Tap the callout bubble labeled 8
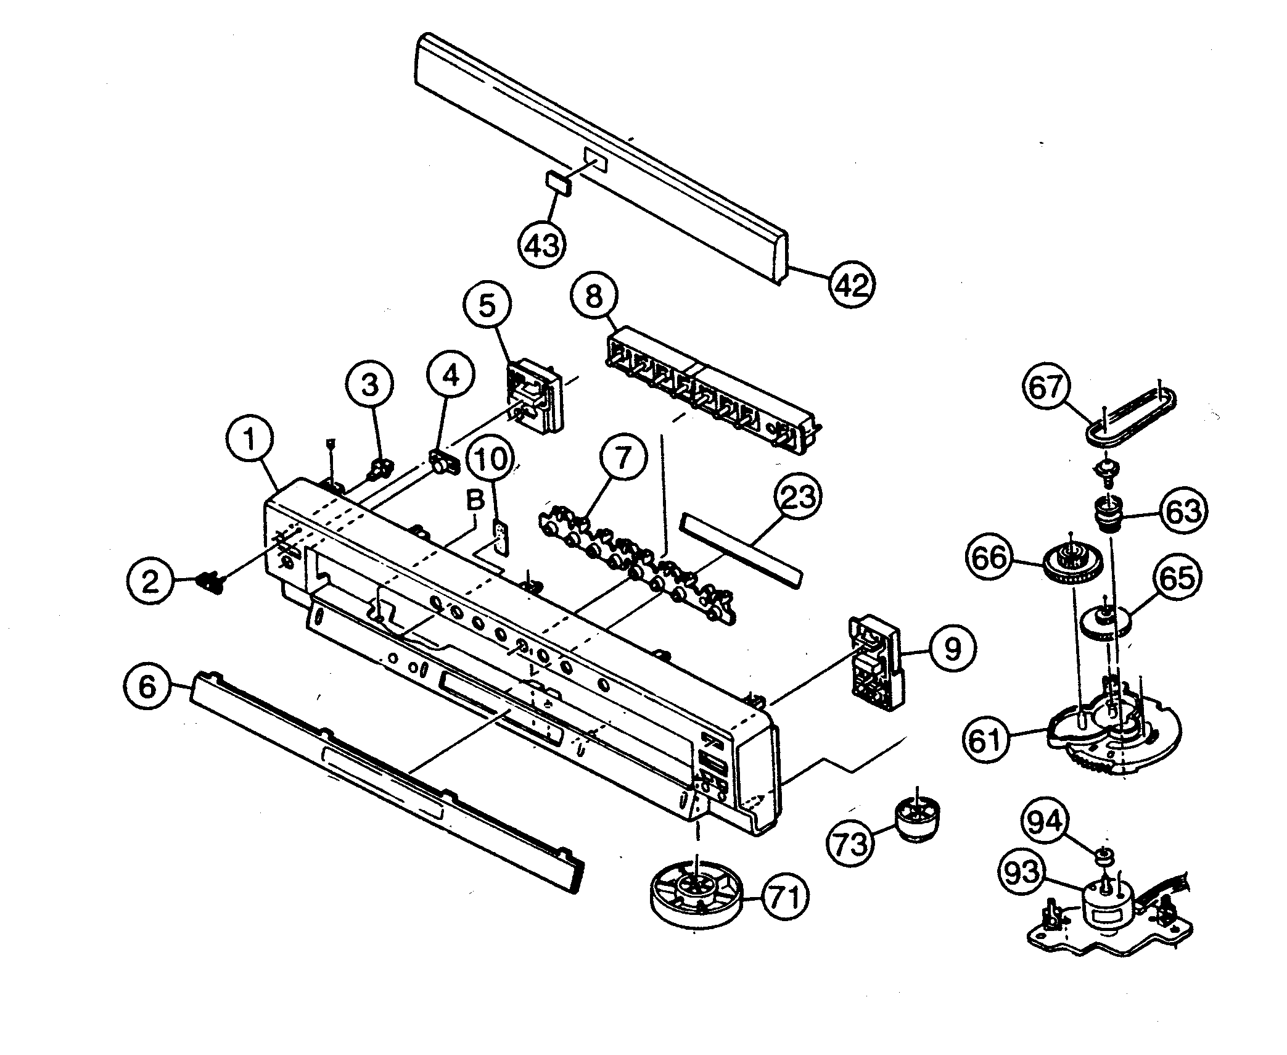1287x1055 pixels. click(x=593, y=297)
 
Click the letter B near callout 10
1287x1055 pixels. click(x=475, y=501)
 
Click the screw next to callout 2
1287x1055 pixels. click(x=210, y=582)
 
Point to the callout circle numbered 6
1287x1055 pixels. click(x=147, y=686)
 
